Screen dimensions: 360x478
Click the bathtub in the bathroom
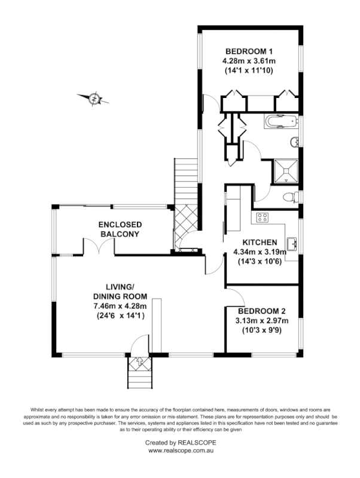click(280, 122)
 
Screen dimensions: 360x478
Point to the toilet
click(288, 197)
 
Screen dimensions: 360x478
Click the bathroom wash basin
click(294, 142)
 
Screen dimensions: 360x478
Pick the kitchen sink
click(293, 244)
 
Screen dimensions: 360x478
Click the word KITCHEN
click(260, 242)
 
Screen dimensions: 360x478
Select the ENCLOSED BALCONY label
click(120, 229)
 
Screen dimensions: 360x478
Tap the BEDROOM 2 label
click(262, 311)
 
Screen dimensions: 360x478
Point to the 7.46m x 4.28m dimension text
click(120, 306)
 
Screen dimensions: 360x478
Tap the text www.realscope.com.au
click(181, 452)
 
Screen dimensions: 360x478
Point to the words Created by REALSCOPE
click(181, 443)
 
